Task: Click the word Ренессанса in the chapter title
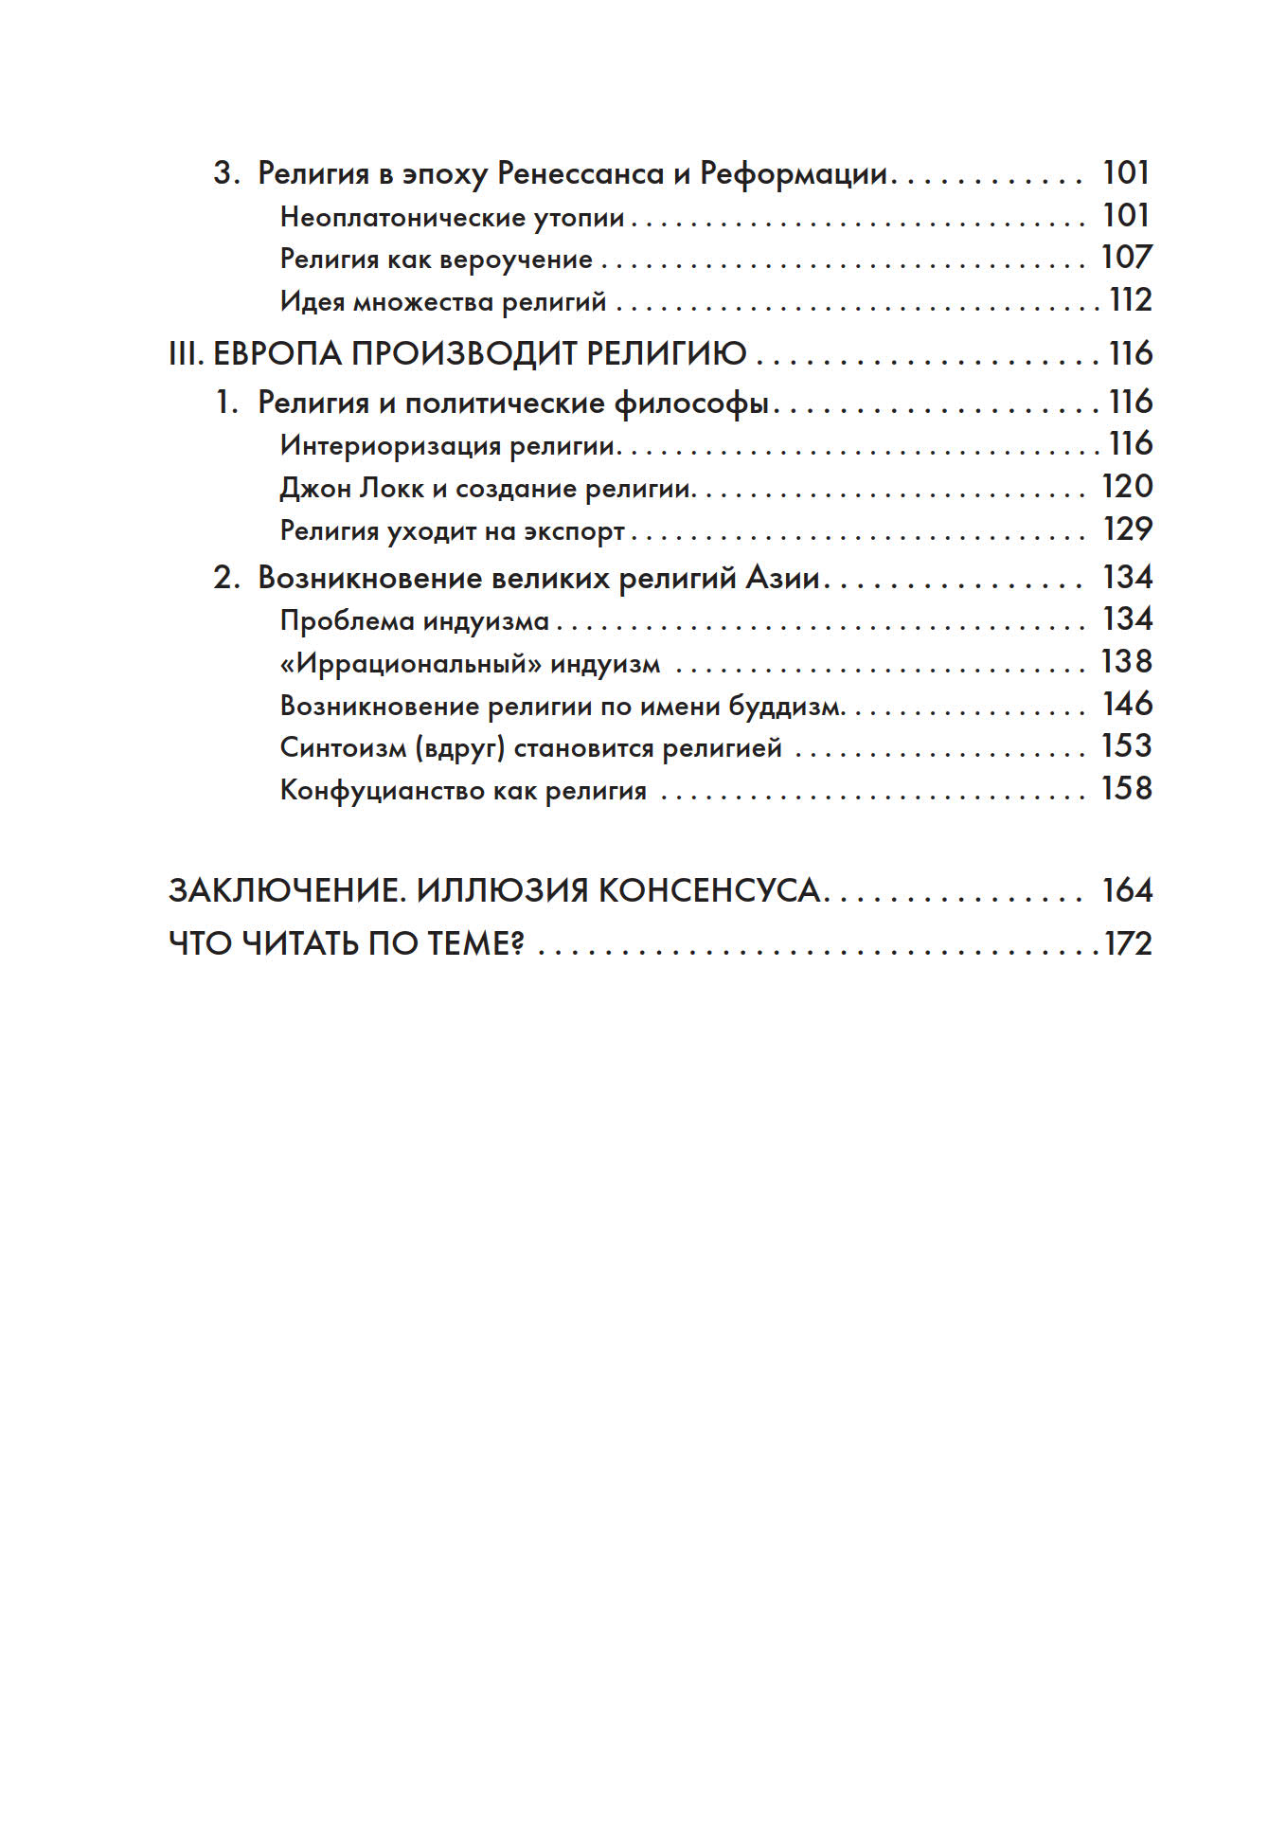pos(580,174)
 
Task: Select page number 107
pos(1126,258)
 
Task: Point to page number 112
pos(1131,300)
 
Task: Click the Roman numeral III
pos(186,354)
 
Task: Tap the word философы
pos(691,403)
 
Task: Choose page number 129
pos(1127,529)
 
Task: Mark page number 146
pos(1127,705)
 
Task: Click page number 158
pos(1126,789)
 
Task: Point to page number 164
pos(1127,891)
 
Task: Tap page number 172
pos(1128,944)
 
